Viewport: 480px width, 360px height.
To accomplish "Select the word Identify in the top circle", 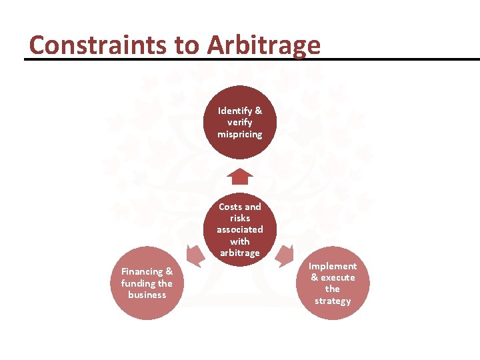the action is pyautogui.click(x=233, y=111).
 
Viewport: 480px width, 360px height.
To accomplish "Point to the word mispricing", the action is pyautogui.click(x=240, y=134).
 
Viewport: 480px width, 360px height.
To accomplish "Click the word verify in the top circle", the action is pyautogui.click(x=240, y=123).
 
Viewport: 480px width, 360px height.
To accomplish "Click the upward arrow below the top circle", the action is pyautogui.click(x=240, y=177).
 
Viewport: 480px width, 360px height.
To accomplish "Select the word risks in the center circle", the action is pyautogui.click(x=240, y=218).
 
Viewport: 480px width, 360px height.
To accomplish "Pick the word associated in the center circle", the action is pyautogui.click(x=240, y=229).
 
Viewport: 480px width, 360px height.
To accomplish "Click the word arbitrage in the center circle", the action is pyautogui.click(x=240, y=253).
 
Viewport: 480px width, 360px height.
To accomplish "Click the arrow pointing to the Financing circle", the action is pyautogui.click(x=195, y=255).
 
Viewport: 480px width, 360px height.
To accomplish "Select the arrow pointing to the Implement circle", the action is pyautogui.click(x=285, y=255).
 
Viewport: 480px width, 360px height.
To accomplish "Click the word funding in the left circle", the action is pyautogui.click(x=137, y=283).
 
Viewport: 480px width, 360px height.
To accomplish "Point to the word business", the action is pyautogui.click(x=147, y=294).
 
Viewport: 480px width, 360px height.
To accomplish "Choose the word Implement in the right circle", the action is pyautogui.click(x=333, y=266).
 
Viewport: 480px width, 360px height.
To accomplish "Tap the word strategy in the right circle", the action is pyautogui.click(x=333, y=301).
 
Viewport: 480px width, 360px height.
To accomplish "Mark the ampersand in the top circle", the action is pyautogui.click(x=258, y=111).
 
